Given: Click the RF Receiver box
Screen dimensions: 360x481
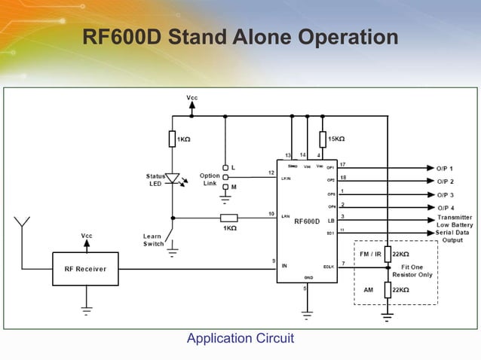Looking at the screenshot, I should [84, 269].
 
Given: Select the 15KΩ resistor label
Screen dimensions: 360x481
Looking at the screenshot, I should [337, 139].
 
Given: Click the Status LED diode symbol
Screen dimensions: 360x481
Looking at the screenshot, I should [173, 179].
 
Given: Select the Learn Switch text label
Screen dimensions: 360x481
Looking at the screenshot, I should [154, 240].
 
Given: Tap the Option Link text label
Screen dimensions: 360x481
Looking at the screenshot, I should [210, 180].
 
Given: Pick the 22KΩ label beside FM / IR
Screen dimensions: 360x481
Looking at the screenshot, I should [401, 255].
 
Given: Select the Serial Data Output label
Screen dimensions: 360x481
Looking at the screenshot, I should [454, 237].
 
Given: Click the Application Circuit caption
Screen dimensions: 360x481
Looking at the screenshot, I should [240, 339].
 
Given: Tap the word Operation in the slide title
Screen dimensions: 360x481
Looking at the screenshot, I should [348, 37].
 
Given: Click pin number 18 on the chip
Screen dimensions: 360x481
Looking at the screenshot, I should [343, 177].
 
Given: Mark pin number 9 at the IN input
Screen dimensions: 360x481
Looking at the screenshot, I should [273, 261].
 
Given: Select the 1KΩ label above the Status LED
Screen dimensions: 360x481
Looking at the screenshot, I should [183, 139].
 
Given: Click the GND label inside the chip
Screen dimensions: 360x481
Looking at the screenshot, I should [308, 278].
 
